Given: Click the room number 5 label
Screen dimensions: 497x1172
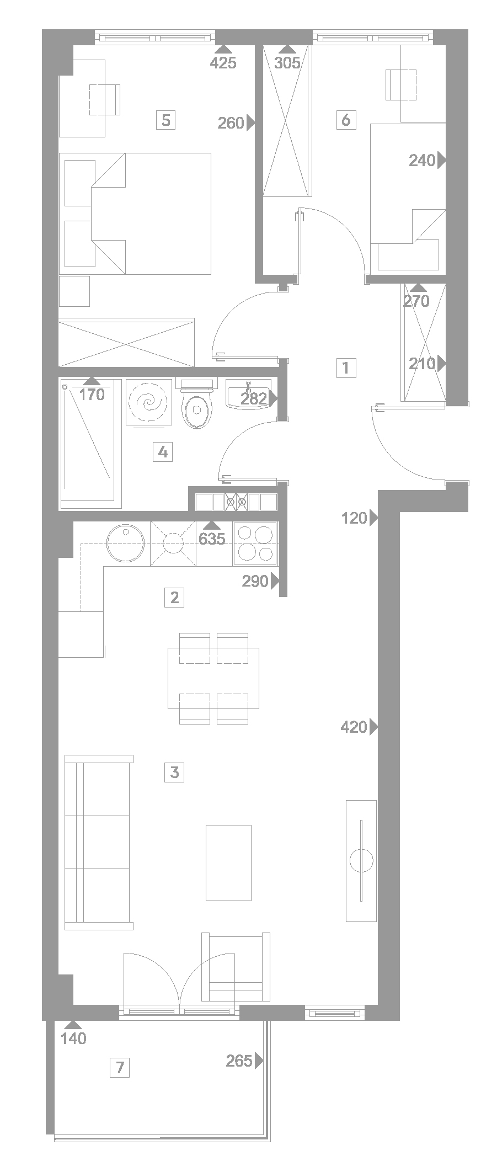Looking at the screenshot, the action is pyautogui.click(x=165, y=120).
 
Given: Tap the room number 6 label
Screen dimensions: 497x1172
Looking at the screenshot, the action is pyautogui.click(x=346, y=120).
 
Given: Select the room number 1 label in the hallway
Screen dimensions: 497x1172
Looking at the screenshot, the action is pyautogui.click(x=346, y=367).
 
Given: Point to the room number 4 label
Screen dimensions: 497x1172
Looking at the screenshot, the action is pyautogui.click(x=162, y=452).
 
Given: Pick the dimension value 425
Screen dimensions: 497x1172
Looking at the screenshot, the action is pyautogui.click(x=223, y=63).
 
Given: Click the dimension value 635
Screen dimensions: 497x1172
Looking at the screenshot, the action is pyautogui.click(x=212, y=539).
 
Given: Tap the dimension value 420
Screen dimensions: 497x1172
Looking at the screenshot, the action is pyautogui.click(x=354, y=727).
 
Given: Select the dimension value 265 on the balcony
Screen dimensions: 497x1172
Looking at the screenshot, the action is pyautogui.click(x=239, y=1061).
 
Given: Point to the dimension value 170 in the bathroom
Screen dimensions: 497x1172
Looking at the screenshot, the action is pyautogui.click(x=92, y=395).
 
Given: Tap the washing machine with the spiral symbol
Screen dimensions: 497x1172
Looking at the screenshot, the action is pyautogui.click(x=149, y=402).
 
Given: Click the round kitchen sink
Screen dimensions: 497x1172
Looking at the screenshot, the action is pyautogui.click(x=126, y=544).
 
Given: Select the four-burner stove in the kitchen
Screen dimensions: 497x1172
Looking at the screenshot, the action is pyautogui.click(x=255, y=543).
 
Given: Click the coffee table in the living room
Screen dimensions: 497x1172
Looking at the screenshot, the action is pyautogui.click(x=228, y=862).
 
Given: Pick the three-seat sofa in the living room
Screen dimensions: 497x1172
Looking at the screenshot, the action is pyautogui.click(x=99, y=842).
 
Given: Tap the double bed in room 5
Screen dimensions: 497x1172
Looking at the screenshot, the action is pyautogui.click(x=135, y=214).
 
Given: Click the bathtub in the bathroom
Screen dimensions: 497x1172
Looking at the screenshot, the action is pyautogui.click(x=90, y=443).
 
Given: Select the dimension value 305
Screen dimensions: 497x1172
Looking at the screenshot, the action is pyautogui.click(x=287, y=63).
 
